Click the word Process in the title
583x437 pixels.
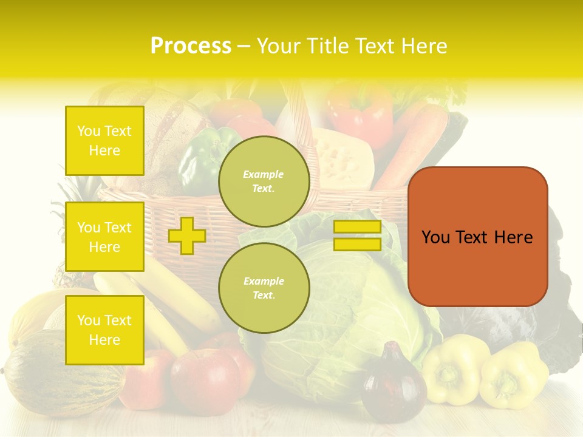pos(191,46)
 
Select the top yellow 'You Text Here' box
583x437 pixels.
pos(104,141)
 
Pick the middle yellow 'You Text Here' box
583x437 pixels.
pos(104,237)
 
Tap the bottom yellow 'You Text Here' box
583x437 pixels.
pos(104,330)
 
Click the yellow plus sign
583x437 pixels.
pos(186,235)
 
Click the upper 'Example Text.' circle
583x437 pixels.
pos(264,181)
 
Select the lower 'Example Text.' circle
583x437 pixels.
pos(264,288)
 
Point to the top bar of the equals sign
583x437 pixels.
pos(357,227)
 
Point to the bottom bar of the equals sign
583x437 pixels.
pos(357,245)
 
